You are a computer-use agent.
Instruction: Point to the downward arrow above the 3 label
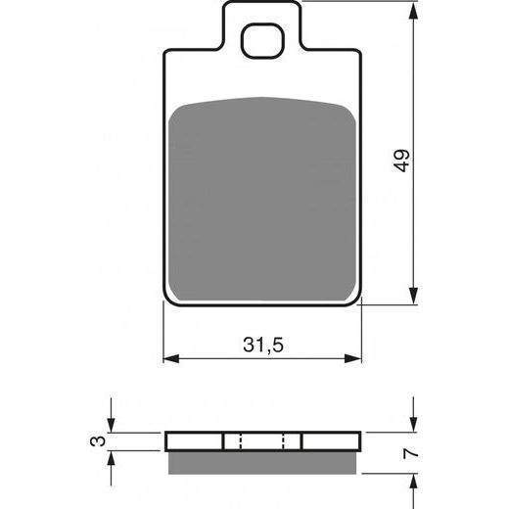click(113, 423)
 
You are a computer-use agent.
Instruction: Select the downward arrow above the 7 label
click(414, 423)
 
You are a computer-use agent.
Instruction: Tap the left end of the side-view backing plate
click(167, 441)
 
